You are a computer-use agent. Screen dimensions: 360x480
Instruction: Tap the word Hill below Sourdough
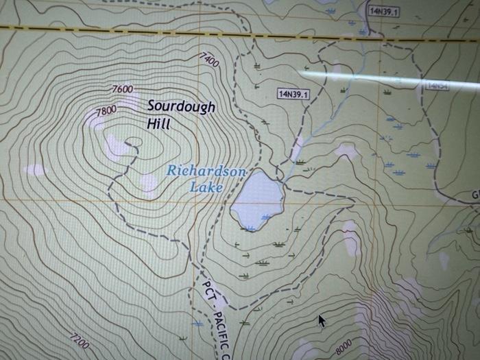pos(158,124)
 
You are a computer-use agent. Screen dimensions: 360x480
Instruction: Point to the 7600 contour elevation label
pos(122,89)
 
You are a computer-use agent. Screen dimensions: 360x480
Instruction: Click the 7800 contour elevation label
pos(106,110)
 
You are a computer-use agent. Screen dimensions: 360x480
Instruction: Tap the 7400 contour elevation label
pos(209,60)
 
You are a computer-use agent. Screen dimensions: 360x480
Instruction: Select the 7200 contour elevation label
pos(79,341)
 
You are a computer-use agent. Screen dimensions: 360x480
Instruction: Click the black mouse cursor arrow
pos(321,320)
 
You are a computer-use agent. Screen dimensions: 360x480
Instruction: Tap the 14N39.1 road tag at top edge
pos(384,11)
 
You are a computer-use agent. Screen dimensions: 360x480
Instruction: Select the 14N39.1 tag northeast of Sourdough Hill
pos(293,94)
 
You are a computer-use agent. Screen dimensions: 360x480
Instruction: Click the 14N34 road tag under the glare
pos(437,86)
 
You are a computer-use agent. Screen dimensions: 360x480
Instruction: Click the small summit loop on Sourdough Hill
pos(134,143)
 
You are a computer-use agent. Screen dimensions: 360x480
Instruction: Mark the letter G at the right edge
pos(475,195)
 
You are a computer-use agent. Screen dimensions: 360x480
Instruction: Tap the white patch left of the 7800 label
pos(93,120)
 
